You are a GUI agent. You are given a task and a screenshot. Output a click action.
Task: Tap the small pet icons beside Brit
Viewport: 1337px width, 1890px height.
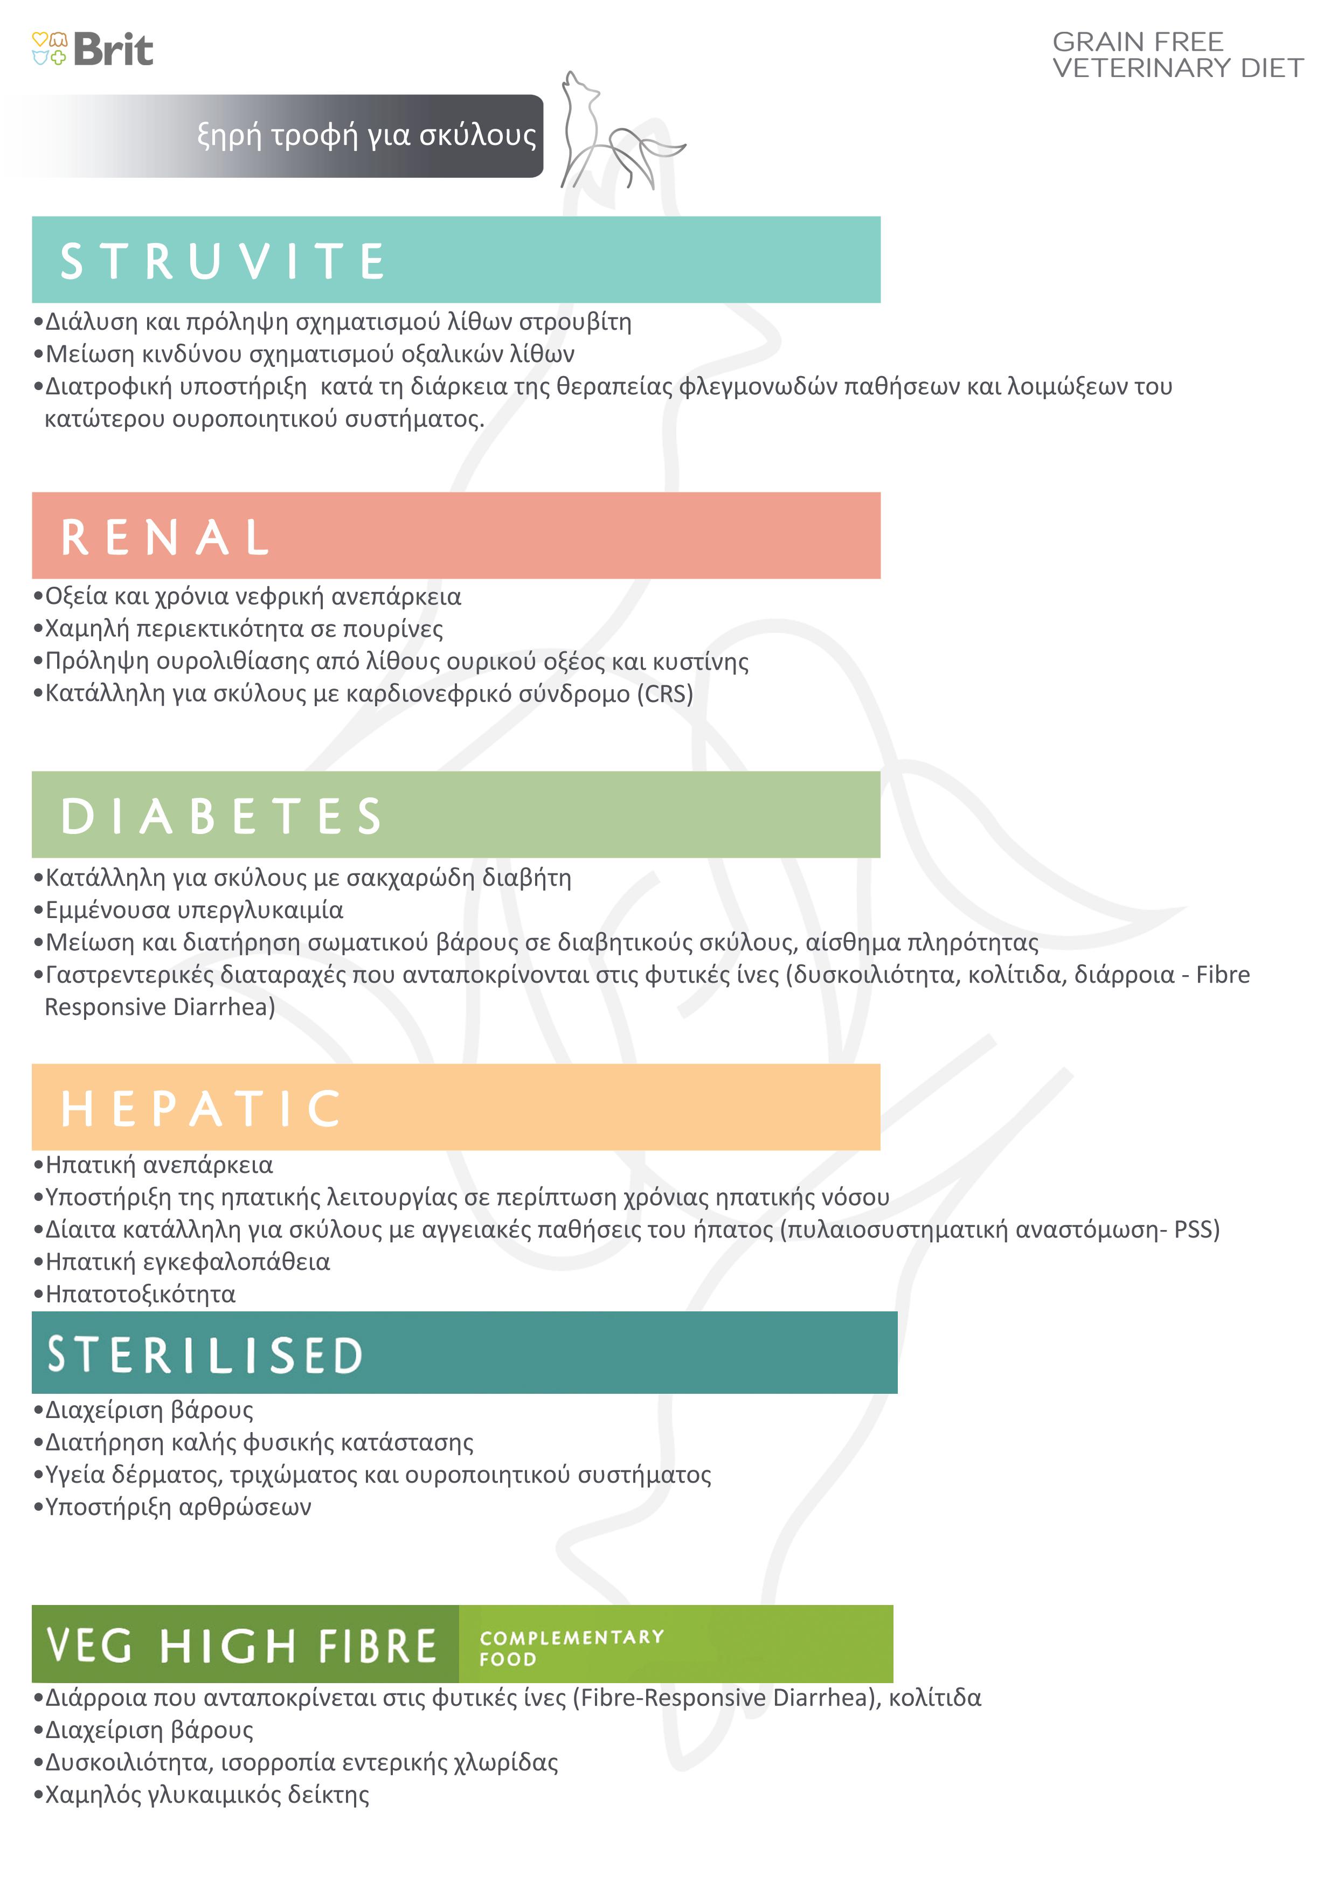tap(49, 48)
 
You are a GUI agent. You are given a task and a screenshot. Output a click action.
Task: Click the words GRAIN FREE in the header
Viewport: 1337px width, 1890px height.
tap(1138, 41)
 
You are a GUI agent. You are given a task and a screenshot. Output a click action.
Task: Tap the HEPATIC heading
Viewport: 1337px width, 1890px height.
tap(201, 1108)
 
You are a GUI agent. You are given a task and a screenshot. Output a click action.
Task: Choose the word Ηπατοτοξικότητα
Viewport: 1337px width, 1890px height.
tap(141, 1295)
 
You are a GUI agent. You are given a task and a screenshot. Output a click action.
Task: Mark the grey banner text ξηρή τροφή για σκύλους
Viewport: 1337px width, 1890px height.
tap(367, 135)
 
